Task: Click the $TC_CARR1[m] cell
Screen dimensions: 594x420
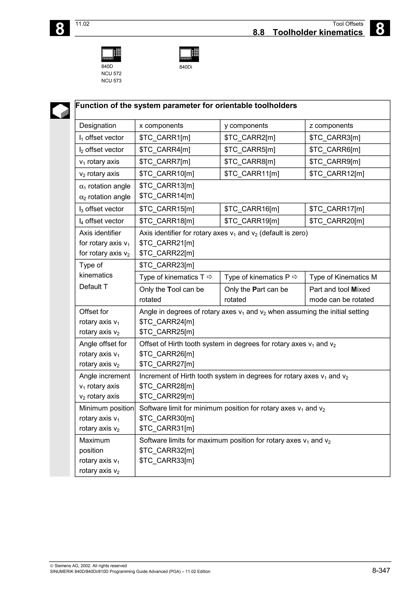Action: (165, 138)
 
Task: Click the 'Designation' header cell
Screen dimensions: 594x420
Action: (98, 125)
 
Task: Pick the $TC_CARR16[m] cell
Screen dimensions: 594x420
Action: (252, 209)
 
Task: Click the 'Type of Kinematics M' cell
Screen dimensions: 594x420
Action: (343, 277)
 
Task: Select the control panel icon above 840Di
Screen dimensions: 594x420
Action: (189, 54)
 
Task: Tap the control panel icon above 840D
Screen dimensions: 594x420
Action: (111, 54)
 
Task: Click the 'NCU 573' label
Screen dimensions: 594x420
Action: (111, 81)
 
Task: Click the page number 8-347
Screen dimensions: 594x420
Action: (381, 570)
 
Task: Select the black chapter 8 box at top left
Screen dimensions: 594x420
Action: (60, 28)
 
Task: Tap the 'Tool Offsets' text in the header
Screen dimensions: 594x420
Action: (348, 24)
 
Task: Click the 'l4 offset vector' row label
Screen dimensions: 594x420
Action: (102, 221)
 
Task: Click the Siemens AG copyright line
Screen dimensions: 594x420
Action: (88, 566)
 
